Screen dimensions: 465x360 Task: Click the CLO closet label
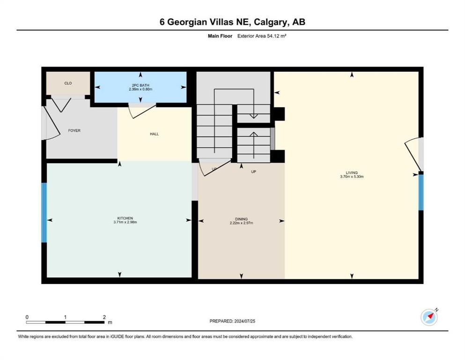coord(68,83)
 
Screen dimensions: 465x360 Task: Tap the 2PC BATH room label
coord(140,85)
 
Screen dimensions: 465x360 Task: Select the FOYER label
coord(74,131)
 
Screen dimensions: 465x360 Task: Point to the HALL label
coord(154,134)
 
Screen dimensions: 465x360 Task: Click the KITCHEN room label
coord(125,218)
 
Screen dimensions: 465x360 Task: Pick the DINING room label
coord(241,219)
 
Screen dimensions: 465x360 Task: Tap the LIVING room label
coord(352,172)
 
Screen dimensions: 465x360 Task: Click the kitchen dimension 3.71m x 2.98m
coord(125,222)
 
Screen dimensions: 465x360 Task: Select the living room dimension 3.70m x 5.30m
coord(352,177)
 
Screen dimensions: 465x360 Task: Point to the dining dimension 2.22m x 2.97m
coord(241,223)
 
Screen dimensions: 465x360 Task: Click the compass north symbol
coord(429,317)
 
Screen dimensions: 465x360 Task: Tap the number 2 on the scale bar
coord(104,317)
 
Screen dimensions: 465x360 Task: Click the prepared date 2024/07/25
coord(244,321)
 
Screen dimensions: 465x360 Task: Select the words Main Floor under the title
coord(220,36)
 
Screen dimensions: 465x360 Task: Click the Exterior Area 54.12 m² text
coord(262,36)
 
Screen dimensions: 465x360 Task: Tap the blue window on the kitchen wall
coord(44,212)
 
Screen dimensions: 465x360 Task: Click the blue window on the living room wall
coord(421,192)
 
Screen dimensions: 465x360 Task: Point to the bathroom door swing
coord(142,111)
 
